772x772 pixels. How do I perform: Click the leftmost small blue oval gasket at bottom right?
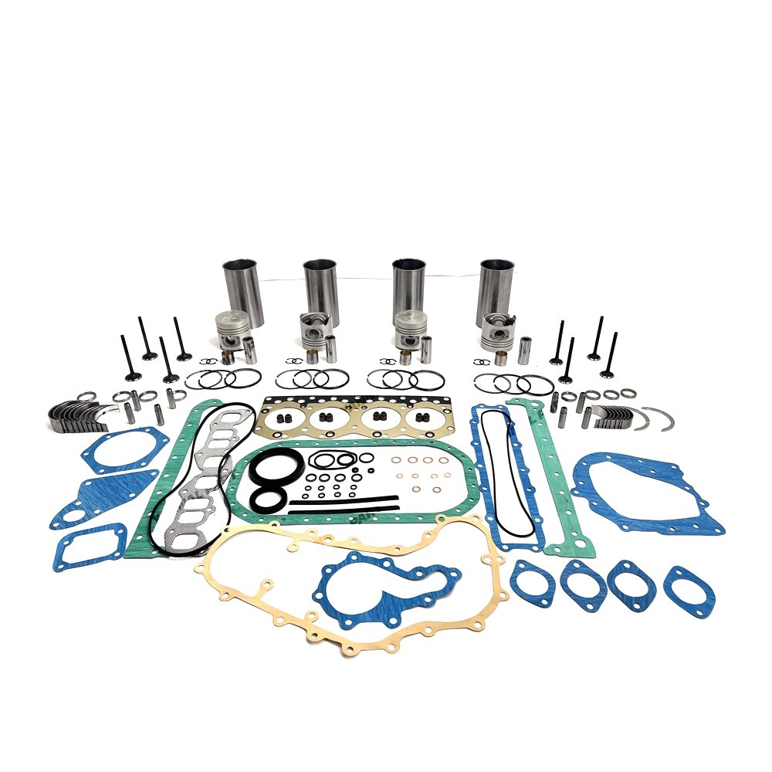pyautogui.click(x=533, y=583)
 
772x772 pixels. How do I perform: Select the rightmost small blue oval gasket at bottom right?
pyautogui.click(x=689, y=591)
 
